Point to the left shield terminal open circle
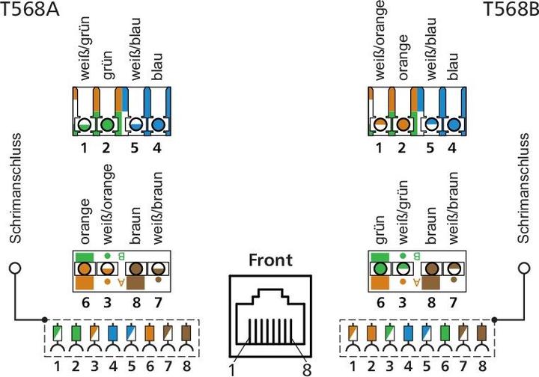[x=15, y=268]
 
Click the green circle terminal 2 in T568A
[x=109, y=124]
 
